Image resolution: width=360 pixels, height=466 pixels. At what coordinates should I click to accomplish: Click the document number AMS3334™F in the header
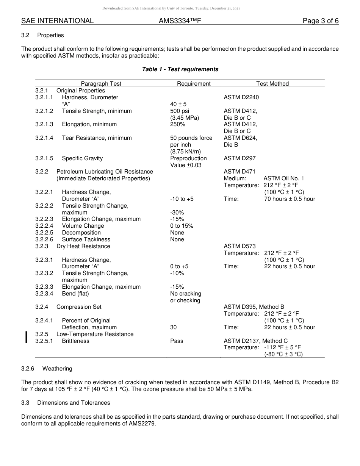180,21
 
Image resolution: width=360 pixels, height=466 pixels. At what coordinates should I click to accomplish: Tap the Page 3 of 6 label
321,21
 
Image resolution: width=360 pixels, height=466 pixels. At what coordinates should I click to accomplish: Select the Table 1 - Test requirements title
180,69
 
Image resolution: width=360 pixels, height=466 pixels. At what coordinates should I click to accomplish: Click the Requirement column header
194,84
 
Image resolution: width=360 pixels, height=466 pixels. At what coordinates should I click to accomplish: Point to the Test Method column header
272,84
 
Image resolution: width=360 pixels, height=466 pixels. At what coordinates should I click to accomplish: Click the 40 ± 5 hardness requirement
178,104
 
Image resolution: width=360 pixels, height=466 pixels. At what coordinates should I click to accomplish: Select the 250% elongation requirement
178,124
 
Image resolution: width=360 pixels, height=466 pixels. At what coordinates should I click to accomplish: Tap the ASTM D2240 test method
241,97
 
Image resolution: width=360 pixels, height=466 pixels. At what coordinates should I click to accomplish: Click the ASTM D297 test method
239,158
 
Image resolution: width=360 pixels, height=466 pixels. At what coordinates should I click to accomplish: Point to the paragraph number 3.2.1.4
44,138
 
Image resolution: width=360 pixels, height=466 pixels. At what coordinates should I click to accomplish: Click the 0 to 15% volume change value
182,226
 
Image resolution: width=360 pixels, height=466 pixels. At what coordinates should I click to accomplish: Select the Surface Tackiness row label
86,239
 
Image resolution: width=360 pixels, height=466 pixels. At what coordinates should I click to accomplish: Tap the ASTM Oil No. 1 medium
284,178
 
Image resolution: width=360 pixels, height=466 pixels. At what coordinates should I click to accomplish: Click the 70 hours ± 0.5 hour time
290,199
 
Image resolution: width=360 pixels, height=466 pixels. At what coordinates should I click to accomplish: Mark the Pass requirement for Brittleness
177,341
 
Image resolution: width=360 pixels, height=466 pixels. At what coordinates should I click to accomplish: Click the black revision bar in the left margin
26,337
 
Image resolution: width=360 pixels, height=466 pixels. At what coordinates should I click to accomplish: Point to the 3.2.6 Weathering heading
47,369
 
